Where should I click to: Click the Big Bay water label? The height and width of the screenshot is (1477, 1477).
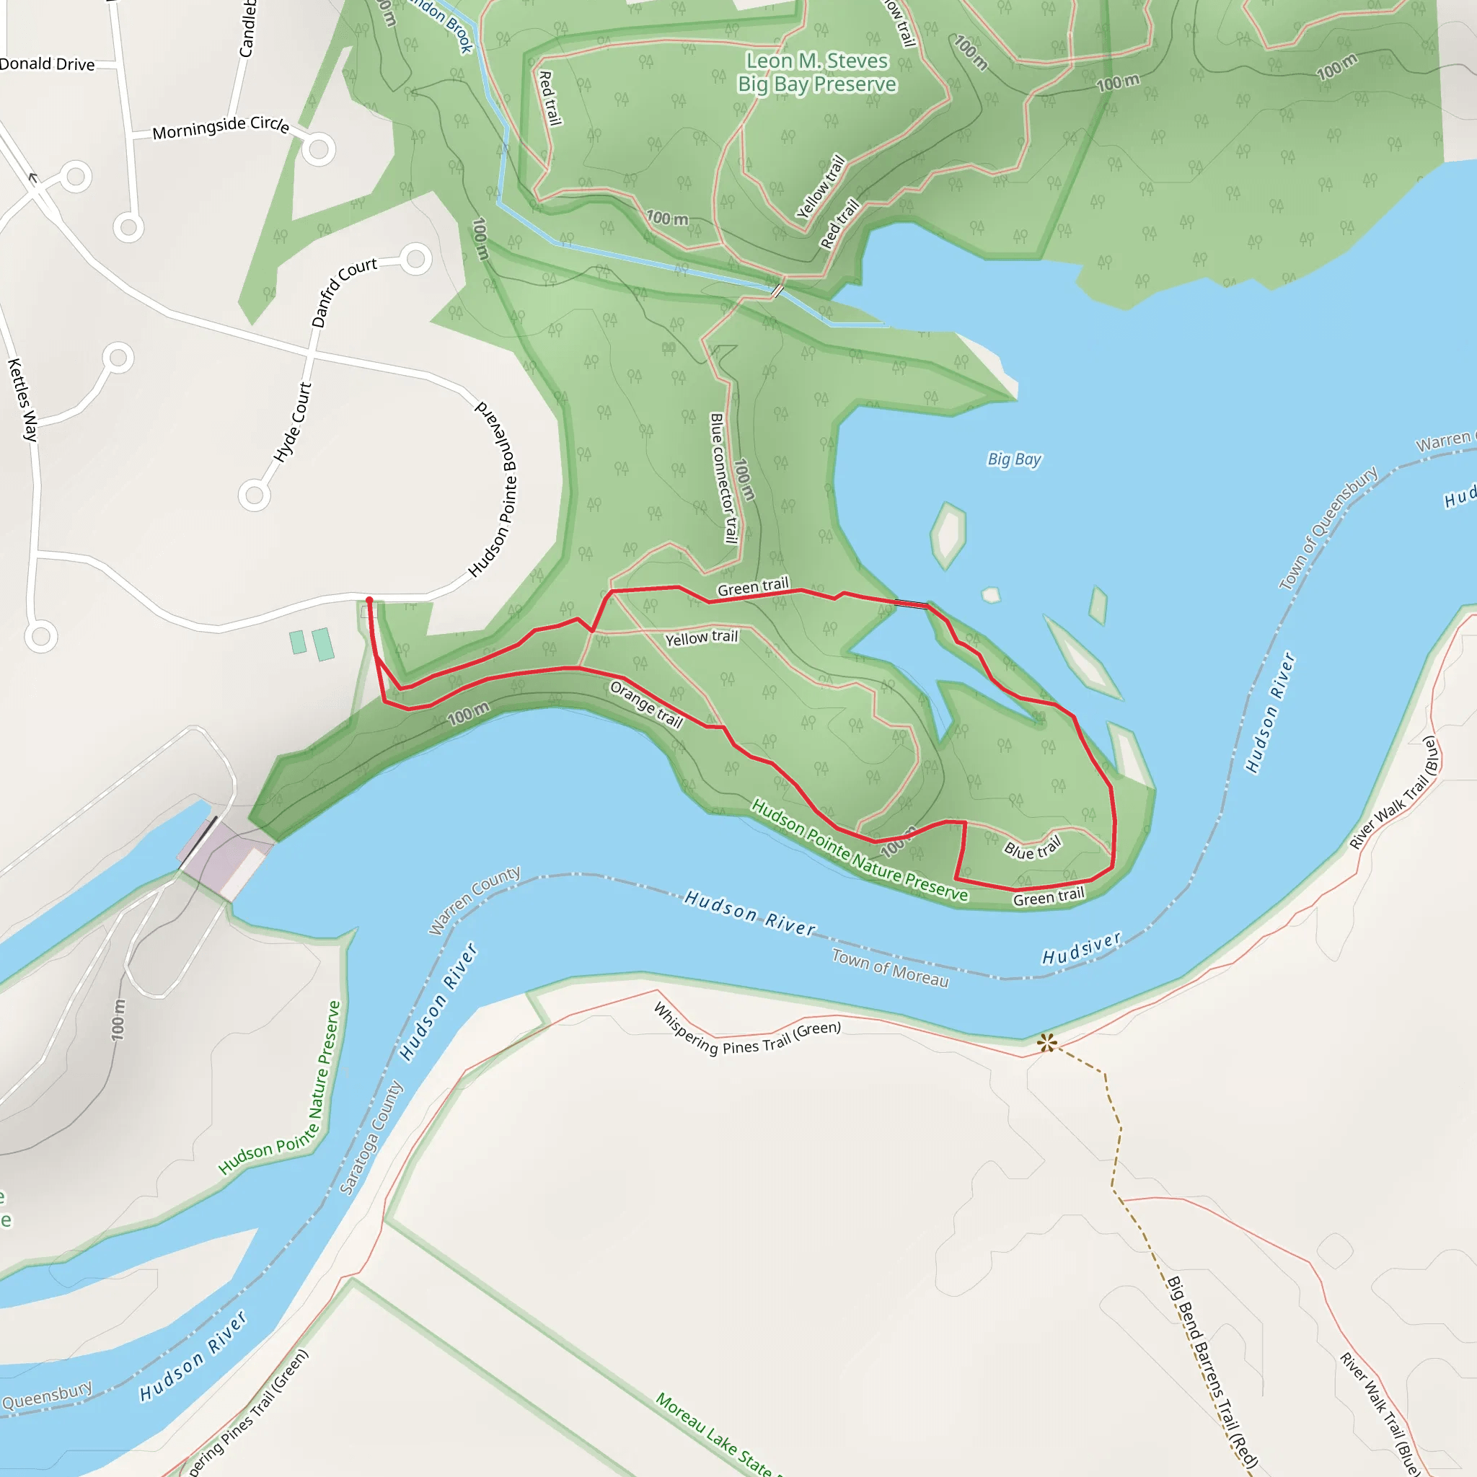(x=1014, y=459)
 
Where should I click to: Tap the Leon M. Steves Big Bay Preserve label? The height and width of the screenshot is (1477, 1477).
(x=816, y=72)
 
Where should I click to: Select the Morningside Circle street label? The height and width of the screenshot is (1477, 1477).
(x=220, y=127)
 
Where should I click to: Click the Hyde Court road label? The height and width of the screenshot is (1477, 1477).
(x=293, y=422)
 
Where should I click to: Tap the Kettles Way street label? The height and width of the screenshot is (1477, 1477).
(x=22, y=399)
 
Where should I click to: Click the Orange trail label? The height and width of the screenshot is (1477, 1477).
(x=646, y=704)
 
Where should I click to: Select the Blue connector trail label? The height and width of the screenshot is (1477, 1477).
(x=723, y=478)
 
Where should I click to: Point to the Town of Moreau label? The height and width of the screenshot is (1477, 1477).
(x=890, y=968)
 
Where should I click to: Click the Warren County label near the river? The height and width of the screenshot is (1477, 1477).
(x=474, y=900)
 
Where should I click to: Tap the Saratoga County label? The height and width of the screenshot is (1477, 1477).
(x=371, y=1137)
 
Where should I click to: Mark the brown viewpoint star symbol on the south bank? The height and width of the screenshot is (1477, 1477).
(x=1047, y=1042)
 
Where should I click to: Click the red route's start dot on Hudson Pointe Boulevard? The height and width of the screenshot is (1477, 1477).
(x=369, y=600)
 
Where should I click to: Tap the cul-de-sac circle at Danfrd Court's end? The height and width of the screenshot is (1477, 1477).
(x=416, y=260)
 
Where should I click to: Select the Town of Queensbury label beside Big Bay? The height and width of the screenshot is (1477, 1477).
(x=1328, y=527)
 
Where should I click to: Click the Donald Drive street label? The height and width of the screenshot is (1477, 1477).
(x=48, y=64)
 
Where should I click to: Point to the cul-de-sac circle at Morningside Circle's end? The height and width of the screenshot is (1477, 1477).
(x=319, y=150)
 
